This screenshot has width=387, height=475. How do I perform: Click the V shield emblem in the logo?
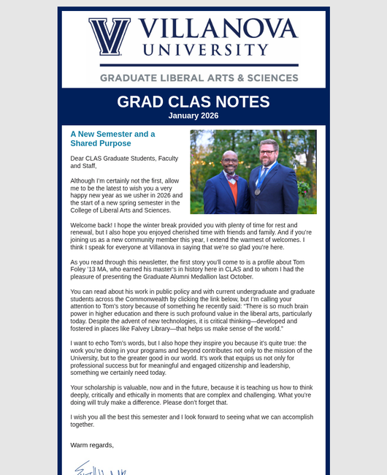110,37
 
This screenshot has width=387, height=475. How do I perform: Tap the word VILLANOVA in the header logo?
218,28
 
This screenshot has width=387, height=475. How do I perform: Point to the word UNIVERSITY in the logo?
205,50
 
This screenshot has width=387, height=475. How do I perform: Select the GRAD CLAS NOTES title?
193,102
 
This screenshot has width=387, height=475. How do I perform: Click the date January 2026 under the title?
193,115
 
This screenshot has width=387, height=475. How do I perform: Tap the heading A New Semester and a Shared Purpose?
112,139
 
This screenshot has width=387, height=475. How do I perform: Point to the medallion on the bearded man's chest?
257,191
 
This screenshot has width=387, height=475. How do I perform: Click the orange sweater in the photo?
233,191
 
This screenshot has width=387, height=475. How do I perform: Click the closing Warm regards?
92,444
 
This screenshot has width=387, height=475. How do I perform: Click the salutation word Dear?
77,158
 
